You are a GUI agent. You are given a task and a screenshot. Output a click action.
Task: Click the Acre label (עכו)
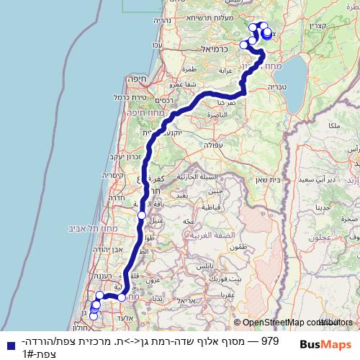(x=158, y=46)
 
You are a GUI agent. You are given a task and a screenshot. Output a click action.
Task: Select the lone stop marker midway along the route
(x=142, y=215)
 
